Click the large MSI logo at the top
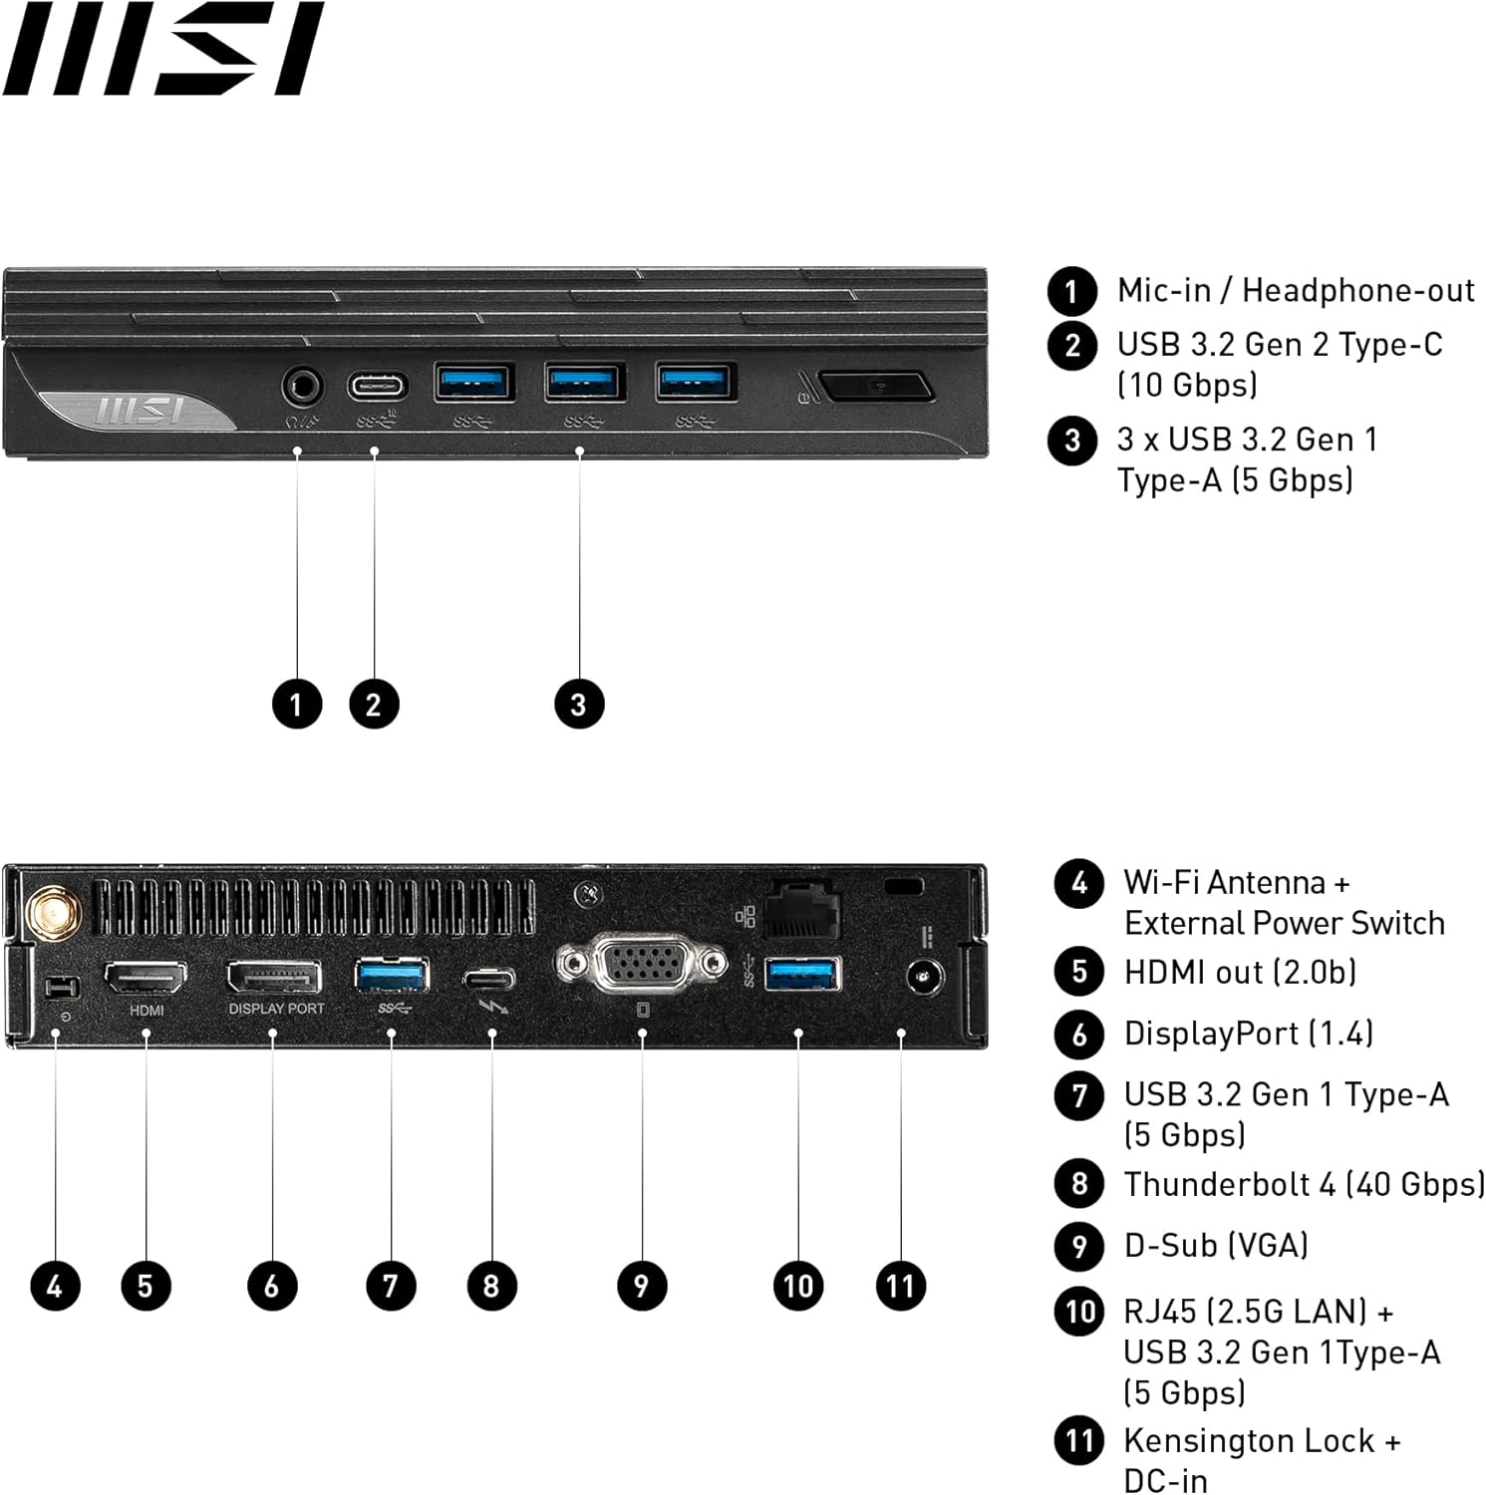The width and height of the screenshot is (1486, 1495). pos(162,49)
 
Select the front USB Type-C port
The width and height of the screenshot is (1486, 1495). pos(378,386)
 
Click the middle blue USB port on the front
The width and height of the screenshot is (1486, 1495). pos(585,382)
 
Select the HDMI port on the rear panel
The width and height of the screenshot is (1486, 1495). pos(146,979)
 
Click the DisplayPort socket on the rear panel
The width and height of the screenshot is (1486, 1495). pos(274,977)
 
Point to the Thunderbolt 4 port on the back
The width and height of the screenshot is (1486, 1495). pos(489,978)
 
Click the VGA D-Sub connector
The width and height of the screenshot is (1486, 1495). pos(642,964)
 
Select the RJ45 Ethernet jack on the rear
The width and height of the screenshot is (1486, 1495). pos(802,908)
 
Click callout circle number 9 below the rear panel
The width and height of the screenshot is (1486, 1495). pos(642,1286)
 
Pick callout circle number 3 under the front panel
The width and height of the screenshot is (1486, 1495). pos(579,704)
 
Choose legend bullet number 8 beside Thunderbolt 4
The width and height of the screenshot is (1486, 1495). pos(1079,1184)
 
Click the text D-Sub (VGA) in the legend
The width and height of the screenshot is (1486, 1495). pos(1216,1245)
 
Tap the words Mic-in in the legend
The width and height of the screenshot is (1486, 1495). pos(1163,290)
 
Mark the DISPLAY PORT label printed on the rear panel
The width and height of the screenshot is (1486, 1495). pos(276,1009)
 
